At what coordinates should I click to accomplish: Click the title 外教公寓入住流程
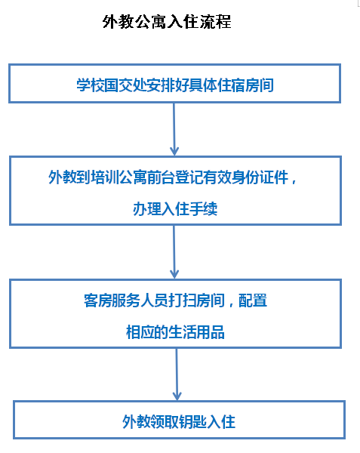(x=167, y=22)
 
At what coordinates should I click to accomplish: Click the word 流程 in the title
(x=215, y=22)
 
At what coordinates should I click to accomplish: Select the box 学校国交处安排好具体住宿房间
(x=174, y=84)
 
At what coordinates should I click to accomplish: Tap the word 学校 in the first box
(x=91, y=85)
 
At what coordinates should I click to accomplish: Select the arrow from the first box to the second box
(x=174, y=129)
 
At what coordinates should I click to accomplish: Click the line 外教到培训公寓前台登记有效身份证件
(x=169, y=177)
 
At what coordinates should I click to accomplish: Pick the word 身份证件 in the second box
(x=260, y=177)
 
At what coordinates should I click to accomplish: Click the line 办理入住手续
(x=175, y=208)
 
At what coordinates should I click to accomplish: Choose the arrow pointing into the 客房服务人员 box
(x=174, y=252)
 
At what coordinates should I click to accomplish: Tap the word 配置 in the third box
(x=253, y=300)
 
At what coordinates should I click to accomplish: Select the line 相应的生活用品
(x=175, y=332)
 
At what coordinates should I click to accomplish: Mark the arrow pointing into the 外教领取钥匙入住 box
(x=177, y=374)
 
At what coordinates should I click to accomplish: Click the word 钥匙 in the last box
(x=193, y=422)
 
